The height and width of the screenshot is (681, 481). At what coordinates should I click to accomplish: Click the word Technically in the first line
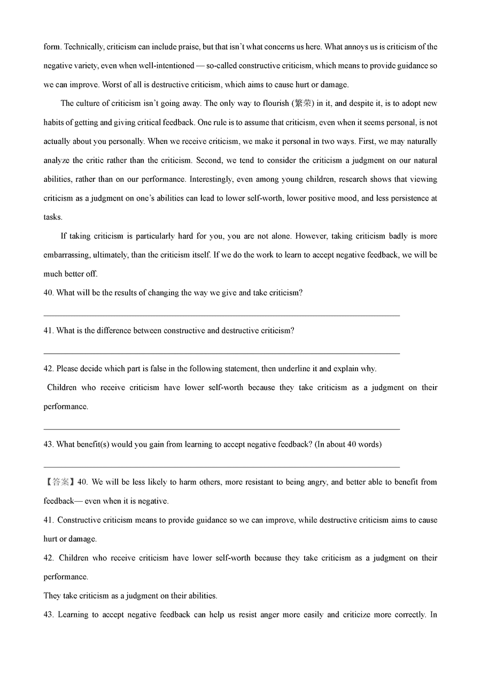[83, 47]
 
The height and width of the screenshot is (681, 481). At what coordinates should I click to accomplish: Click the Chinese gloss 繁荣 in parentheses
[304, 104]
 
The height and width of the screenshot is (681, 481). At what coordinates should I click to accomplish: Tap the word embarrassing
[69, 255]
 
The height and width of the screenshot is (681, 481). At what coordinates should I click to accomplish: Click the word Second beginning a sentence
[207, 160]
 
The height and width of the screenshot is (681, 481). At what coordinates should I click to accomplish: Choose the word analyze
[56, 160]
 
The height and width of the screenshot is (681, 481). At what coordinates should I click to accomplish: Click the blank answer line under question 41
[221, 353]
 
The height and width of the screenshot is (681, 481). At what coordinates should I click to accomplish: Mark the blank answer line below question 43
[221, 466]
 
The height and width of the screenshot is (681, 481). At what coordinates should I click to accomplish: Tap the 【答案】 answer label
[59, 482]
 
